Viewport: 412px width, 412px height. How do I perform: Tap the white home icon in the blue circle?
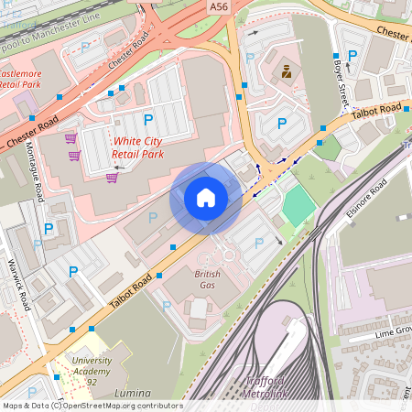[x=206, y=198]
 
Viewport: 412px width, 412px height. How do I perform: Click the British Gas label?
[x=208, y=279]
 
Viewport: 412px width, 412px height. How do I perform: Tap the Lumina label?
[x=133, y=393]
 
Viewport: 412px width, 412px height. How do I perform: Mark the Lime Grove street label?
[x=391, y=331]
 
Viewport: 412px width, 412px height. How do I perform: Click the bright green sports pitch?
[x=298, y=206]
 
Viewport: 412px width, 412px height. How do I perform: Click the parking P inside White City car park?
[x=147, y=120]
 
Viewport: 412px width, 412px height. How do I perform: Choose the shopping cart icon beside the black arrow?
[x=112, y=178]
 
